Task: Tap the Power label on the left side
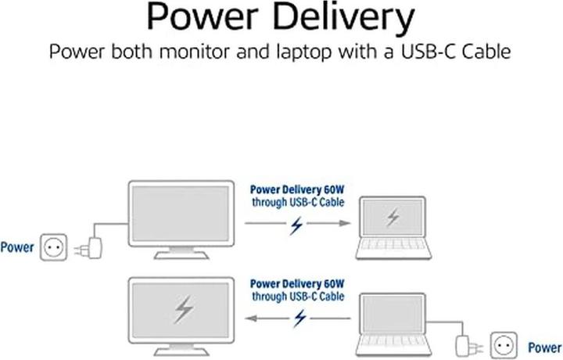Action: (x=17, y=247)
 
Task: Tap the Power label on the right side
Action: (x=545, y=347)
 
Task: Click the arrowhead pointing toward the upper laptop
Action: (x=344, y=224)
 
